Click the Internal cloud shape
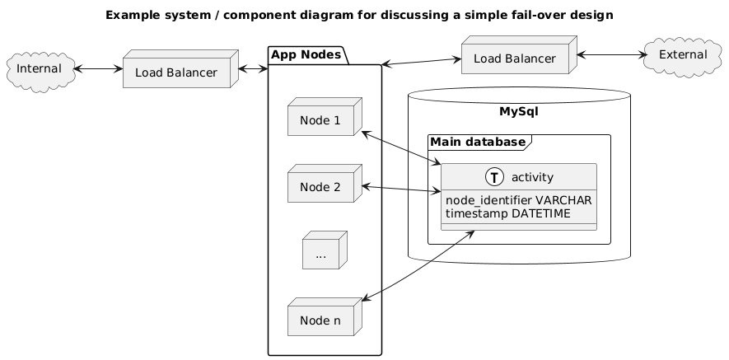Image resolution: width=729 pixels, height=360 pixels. tap(40, 68)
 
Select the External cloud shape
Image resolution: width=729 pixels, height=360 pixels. tap(683, 54)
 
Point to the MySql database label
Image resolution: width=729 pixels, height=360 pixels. tap(519, 110)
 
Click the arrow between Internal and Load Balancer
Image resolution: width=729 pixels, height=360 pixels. tap(97, 69)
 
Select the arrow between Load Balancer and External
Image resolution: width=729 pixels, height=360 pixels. tap(611, 55)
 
